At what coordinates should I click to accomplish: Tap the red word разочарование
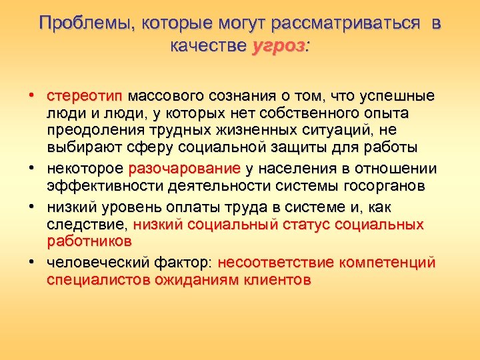pyautogui.click(x=184, y=169)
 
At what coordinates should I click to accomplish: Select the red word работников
pyautogui.click(x=89, y=241)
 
